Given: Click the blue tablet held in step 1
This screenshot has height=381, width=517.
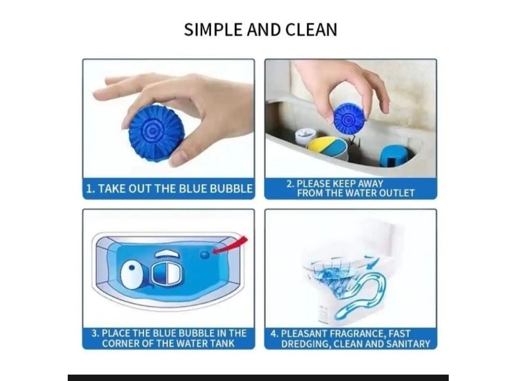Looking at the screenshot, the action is coord(155,132).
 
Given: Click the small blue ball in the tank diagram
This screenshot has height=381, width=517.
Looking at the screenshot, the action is coord(205,255).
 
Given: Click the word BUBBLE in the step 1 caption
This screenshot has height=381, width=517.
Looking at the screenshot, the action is coord(231,189).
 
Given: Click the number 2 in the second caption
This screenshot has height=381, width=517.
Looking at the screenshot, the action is coord(289,184).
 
